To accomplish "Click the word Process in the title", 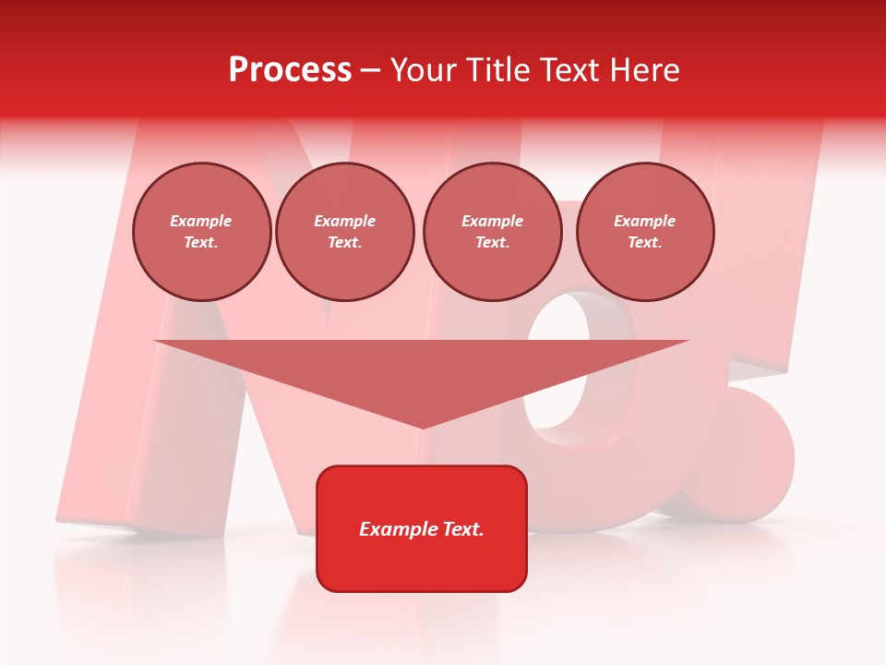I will [x=290, y=70].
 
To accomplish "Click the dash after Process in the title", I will [x=371, y=71].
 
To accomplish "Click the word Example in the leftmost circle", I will [x=201, y=222].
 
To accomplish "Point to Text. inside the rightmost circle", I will [x=645, y=243].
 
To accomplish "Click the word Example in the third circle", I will [x=493, y=222].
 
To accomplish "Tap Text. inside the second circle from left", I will [x=345, y=243].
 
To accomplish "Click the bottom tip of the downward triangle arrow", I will [x=422, y=427].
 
